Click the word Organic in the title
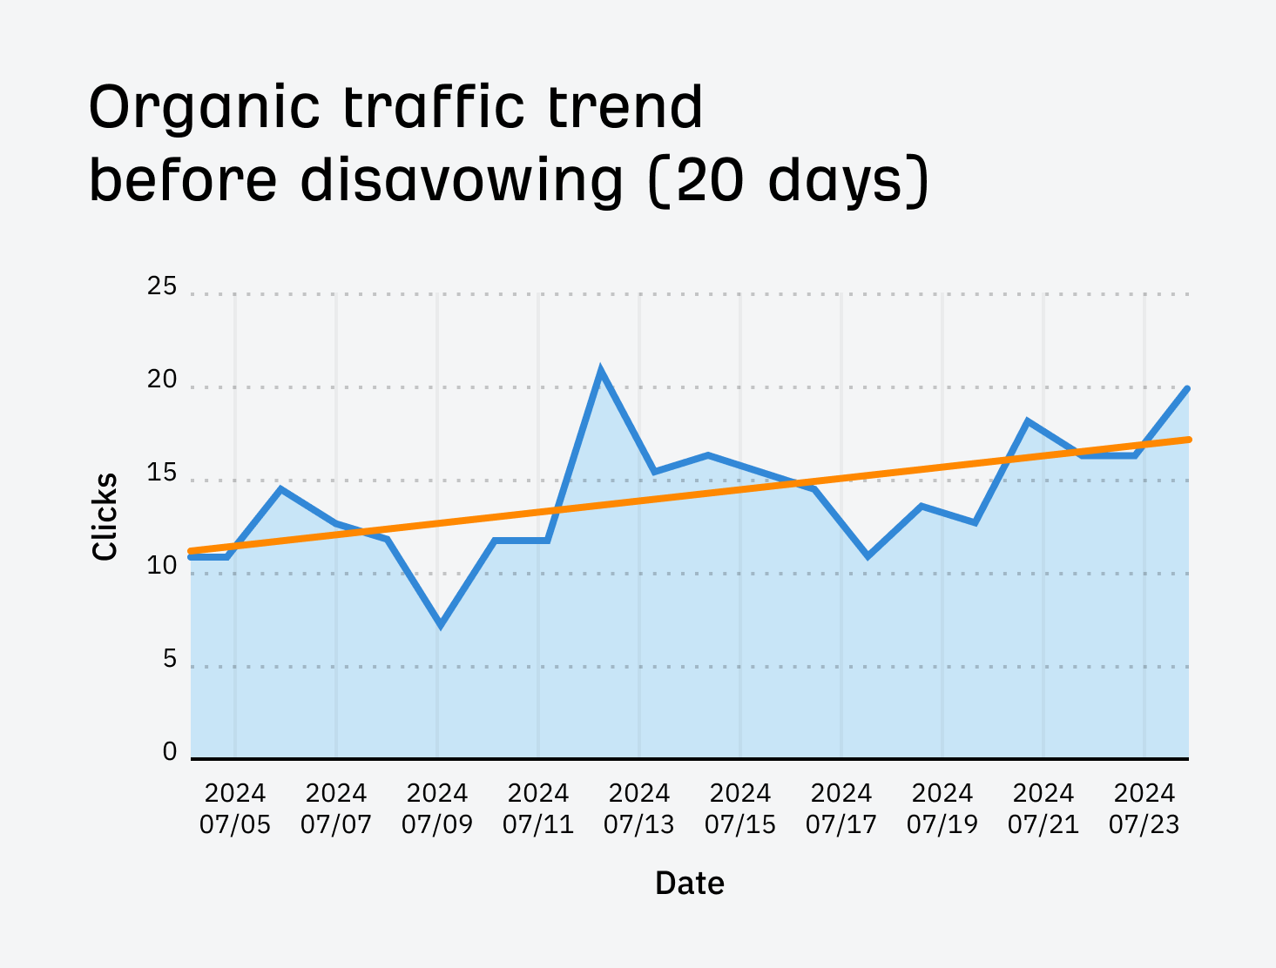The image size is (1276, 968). click(x=205, y=109)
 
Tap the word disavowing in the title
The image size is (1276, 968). click(x=462, y=181)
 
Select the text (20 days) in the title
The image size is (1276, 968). click(x=789, y=181)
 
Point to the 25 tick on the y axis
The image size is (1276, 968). click(x=162, y=286)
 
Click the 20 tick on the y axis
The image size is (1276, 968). click(x=162, y=380)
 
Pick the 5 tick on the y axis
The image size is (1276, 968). click(x=169, y=660)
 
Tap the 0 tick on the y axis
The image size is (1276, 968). click(x=170, y=752)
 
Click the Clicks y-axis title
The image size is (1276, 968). click(x=105, y=516)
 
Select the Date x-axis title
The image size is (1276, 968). click(x=689, y=883)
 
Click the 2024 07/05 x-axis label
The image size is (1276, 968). click(x=235, y=809)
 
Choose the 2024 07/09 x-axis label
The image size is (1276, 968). click(x=437, y=809)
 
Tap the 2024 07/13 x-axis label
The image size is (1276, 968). click(x=639, y=809)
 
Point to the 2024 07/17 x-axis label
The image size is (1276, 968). click(x=841, y=809)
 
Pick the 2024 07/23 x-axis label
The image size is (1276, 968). click(x=1144, y=809)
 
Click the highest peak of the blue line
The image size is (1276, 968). click(x=600, y=371)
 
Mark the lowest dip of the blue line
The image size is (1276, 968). click(x=441, y=624)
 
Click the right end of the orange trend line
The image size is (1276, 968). click(x=1187, y=440)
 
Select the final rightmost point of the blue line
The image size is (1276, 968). click(x=1187, y=389)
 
